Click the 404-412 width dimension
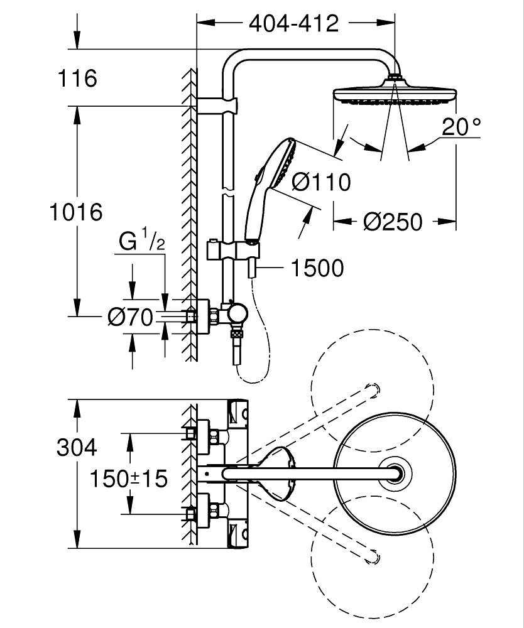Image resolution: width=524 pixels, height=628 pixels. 293,24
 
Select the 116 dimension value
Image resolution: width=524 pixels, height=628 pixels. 77,78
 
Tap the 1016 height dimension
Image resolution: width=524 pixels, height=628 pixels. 76,212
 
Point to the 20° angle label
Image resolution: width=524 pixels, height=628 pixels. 461,127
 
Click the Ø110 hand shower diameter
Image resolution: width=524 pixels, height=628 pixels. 321,182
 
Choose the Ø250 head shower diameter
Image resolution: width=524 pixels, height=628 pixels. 393,222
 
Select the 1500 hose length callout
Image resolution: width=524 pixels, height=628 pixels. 317,268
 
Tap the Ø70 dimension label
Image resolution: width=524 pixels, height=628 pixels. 131,318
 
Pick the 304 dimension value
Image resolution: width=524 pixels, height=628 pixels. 77,447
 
